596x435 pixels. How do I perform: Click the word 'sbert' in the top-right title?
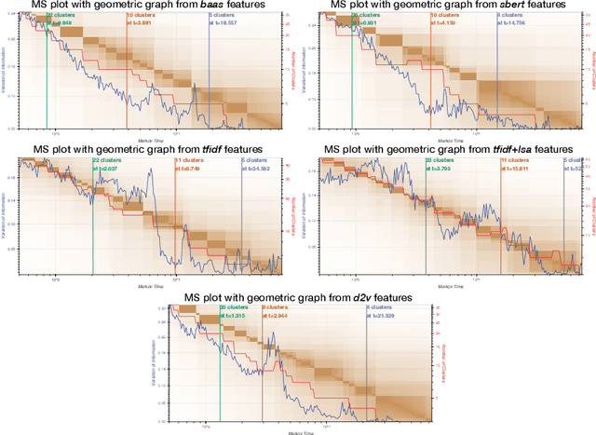coord(514,7)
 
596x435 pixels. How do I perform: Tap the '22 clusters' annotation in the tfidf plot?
coord(107,160)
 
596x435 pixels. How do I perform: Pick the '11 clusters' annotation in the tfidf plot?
coord(190,160)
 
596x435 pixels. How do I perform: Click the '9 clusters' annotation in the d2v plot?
coord(277,307)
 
